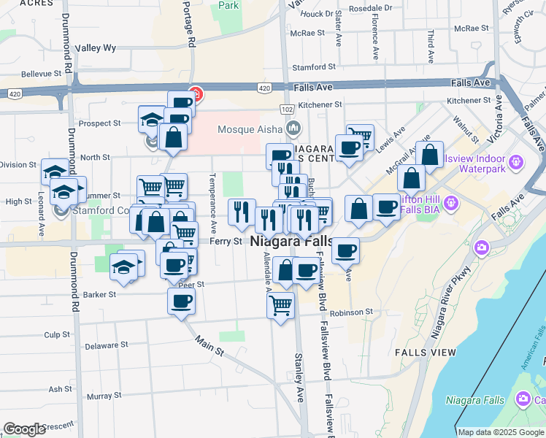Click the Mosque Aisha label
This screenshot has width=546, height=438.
(x=249, y=129)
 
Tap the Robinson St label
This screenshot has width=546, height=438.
(x=351, y=312)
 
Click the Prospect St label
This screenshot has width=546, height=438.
(x=99, y=123)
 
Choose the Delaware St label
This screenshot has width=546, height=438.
(x=106, y=345)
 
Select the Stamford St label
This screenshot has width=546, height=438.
(x=308, y=67)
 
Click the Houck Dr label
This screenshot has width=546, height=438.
(x=316, y=13)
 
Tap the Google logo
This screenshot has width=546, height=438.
(x=24, y=429)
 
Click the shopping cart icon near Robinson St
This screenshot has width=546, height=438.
(x=281, y=304)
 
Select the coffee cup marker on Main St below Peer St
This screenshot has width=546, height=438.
(x=181, y=300)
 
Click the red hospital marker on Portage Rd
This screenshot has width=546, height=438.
(x=196, y=93)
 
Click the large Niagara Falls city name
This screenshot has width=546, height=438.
(x=291, y=241)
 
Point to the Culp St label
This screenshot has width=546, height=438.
(x=56, y=334)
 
